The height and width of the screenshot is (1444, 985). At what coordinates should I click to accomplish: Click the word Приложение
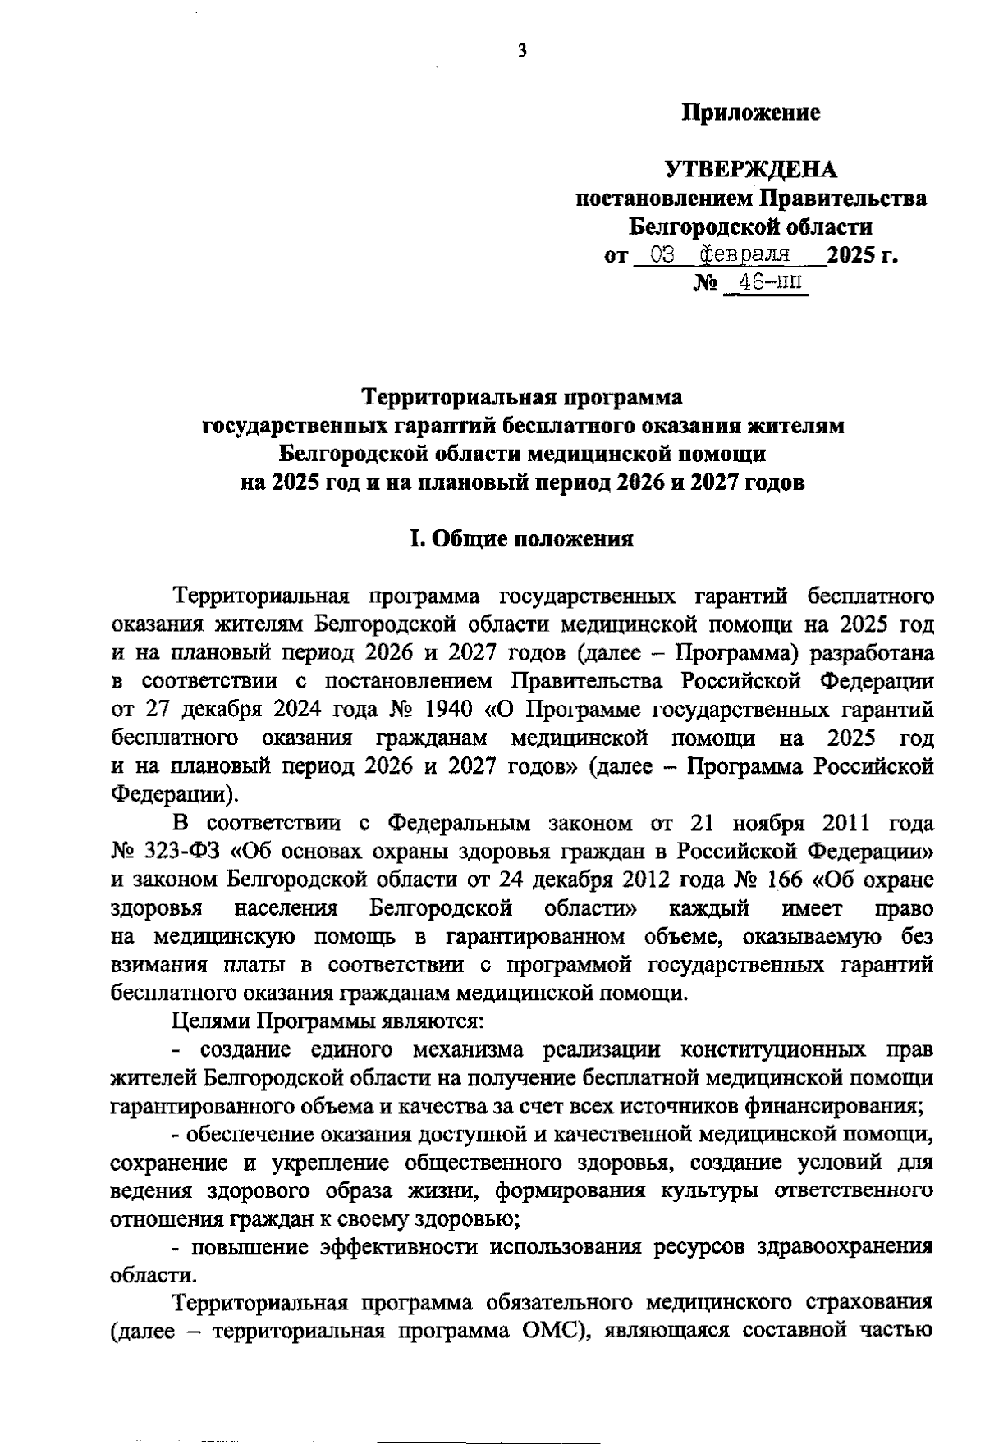752,113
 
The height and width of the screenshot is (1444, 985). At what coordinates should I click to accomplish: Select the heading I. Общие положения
522,539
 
